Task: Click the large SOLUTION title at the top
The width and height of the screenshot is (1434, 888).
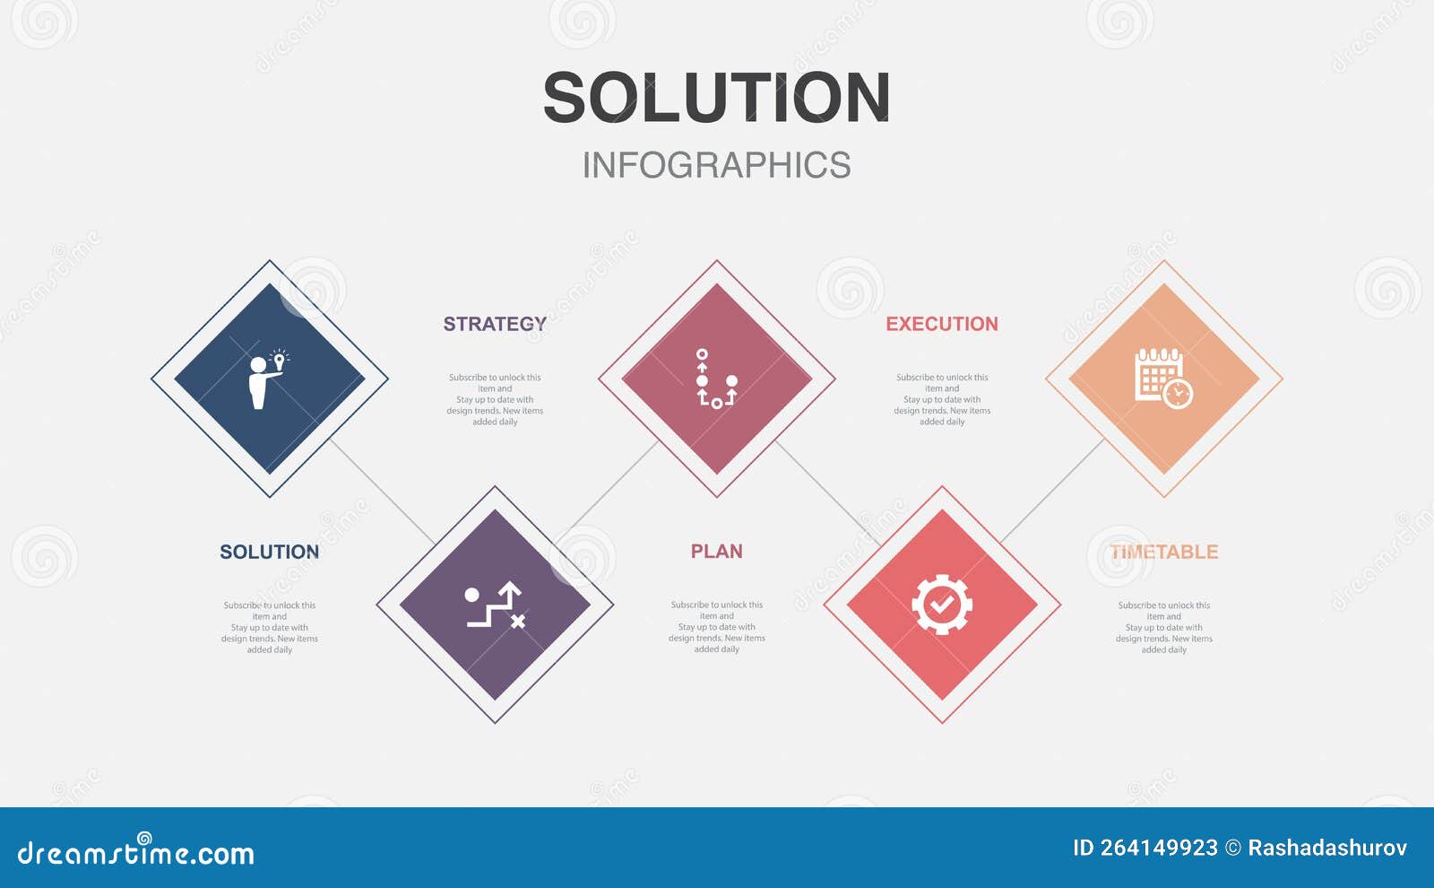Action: (716, 97)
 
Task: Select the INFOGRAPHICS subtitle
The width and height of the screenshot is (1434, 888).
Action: (716, 165)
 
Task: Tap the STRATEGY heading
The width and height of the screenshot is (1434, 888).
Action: (495, 324)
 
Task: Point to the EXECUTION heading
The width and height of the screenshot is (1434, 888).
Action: (942, 324)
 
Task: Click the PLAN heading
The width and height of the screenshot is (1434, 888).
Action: (716, 551)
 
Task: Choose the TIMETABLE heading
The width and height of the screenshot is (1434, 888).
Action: (1164, 552)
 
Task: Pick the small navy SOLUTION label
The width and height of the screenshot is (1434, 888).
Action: (270, 552)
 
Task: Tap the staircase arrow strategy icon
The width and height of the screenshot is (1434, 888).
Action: (496, 605)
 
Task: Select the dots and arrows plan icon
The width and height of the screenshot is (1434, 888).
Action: (716, 379)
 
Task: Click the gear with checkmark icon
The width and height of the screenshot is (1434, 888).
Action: (942, 605)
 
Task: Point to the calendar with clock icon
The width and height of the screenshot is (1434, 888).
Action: (1164, 378)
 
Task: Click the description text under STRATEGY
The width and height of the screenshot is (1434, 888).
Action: (495, 399)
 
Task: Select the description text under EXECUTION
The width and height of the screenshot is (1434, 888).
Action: (942, 399)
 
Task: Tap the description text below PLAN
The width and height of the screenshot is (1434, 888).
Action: (716, 627)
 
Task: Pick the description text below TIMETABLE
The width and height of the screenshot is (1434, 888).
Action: (1164, 627)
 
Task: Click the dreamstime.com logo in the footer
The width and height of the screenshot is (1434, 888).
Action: (135, 850)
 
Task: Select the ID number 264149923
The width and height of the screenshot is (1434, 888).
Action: (1145, 848)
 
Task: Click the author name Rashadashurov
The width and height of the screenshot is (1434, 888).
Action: (1327, 848)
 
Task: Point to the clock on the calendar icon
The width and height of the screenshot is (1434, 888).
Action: (1178, 394)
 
